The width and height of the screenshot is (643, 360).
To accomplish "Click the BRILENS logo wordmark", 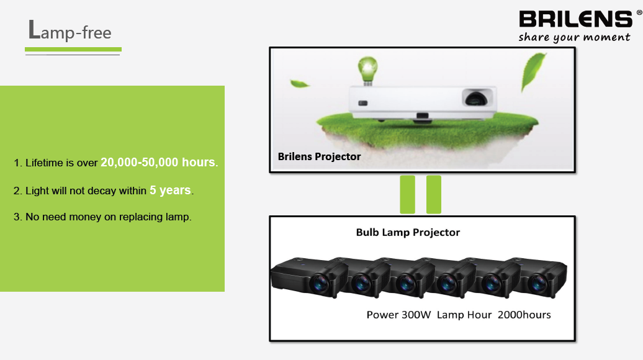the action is pyautogui.click(x=576, y=19).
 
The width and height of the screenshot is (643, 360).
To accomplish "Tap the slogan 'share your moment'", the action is pyautogui.click(x=574, y=37).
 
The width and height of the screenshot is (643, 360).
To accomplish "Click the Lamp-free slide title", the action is pyautogui.click(x=70, y=31).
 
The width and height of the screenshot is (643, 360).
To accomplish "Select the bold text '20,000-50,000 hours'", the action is pyautogui.click(x=158, y=163).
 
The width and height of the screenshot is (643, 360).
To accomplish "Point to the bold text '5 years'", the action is pyautogui.click(x=170, y=191).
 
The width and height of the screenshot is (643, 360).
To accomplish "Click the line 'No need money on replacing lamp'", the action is pyautogui.click(x=108, y=217).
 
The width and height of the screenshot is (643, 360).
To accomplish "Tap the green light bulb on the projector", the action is pyautogui.click(x=367, y=71).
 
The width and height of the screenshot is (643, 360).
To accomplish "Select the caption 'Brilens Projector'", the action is pyautogui.click(x=320, y=156).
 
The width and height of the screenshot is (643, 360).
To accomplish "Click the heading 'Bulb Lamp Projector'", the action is pyautogui.click(x=408, y=233).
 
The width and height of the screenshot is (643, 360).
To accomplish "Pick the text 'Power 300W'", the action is pyautogui.click(x=398, y=315).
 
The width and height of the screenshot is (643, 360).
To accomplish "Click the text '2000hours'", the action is pyautogui.click(x=524, y=315).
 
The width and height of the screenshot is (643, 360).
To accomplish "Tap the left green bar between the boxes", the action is pyautogui.click(x=407, y=194).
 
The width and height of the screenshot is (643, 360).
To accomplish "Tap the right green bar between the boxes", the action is pyautogui.click(x=434, y=194).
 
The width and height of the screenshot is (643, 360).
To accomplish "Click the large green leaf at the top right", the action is pyautogui.click(x=533, y=71).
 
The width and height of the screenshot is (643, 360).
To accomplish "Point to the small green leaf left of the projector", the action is pyautogui.click(x=300, y=84).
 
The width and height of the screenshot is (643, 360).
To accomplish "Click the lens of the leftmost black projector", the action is pyautogui.click(x=320, y=283).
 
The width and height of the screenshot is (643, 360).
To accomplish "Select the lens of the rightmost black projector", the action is pyautogui.click(x=537, y=283).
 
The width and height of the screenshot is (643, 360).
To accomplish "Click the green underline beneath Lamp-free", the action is pyautogui.click(x=73, y=50).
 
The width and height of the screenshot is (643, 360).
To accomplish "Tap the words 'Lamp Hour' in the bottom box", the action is pyautogui.click(x=464, y=315).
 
